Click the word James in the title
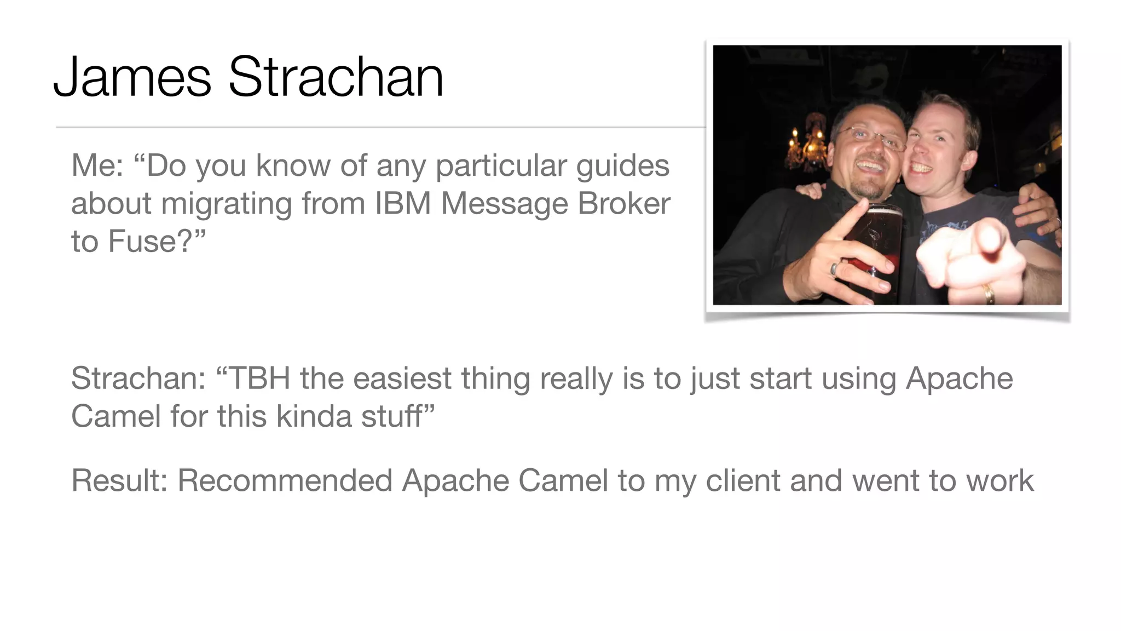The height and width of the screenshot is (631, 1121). [x=132, y=77]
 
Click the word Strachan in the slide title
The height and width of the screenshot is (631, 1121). [x=336, y=77]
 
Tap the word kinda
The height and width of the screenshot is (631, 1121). [x=314, y=416]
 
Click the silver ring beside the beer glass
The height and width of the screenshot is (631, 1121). [x=834, y=268]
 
